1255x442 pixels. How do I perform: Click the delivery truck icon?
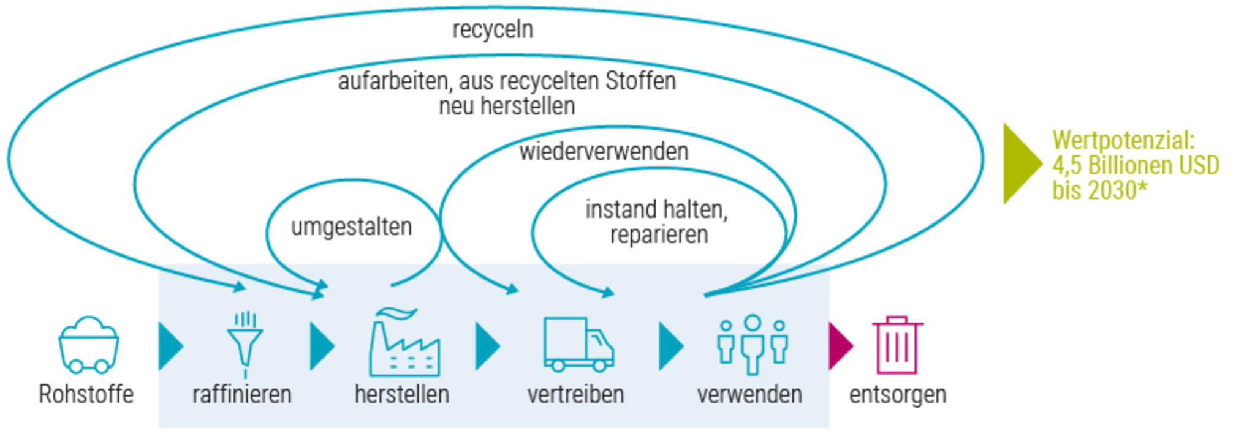[x=578, y=345]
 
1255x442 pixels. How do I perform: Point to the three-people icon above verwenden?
[x=753, y=345]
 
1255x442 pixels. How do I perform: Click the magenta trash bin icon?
[x=897, y=345]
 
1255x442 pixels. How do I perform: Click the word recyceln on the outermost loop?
[x=493, y=29]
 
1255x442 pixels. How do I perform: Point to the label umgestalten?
[x=351, y=227]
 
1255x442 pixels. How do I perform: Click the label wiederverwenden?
[x=604, y=151]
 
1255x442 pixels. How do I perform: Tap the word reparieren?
[x=659, y=235]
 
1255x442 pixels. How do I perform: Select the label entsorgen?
[x=897, y=395]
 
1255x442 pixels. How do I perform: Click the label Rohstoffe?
[x=86, y=395]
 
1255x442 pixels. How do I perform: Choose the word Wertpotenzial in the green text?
[x=1123, y=140]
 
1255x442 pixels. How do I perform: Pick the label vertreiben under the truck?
[x=575, y=395]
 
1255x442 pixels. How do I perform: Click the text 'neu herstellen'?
[x=507, y=107]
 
